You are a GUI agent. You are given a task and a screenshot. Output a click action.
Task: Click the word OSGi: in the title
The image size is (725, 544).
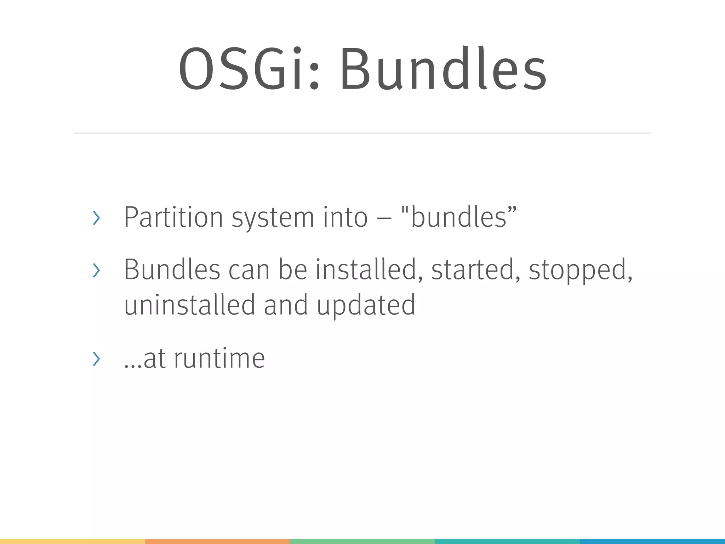[249, 69]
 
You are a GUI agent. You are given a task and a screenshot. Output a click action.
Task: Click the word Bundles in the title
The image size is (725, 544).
[443, 69]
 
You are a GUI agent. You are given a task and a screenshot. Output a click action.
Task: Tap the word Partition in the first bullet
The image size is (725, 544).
[173, 217]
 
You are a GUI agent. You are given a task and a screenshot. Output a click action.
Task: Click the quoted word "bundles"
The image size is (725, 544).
[459, 217]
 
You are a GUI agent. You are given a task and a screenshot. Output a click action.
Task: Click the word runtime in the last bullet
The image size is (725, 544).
[219, 358]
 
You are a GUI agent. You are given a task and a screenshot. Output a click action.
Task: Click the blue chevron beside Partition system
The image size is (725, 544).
[96, 218]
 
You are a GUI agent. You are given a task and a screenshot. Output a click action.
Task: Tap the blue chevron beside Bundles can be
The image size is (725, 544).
[96, 271]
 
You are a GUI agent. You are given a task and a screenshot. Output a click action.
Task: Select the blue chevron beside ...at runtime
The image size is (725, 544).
[96, 359]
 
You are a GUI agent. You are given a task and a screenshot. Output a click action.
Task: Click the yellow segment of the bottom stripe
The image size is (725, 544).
[72, 541]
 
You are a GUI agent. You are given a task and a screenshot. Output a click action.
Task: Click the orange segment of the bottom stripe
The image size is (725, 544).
[217, 541]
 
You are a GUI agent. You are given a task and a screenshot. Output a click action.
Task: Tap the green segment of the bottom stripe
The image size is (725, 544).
[362, 541]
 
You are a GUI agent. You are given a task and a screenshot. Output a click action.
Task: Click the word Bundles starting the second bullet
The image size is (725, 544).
[172, 270]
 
